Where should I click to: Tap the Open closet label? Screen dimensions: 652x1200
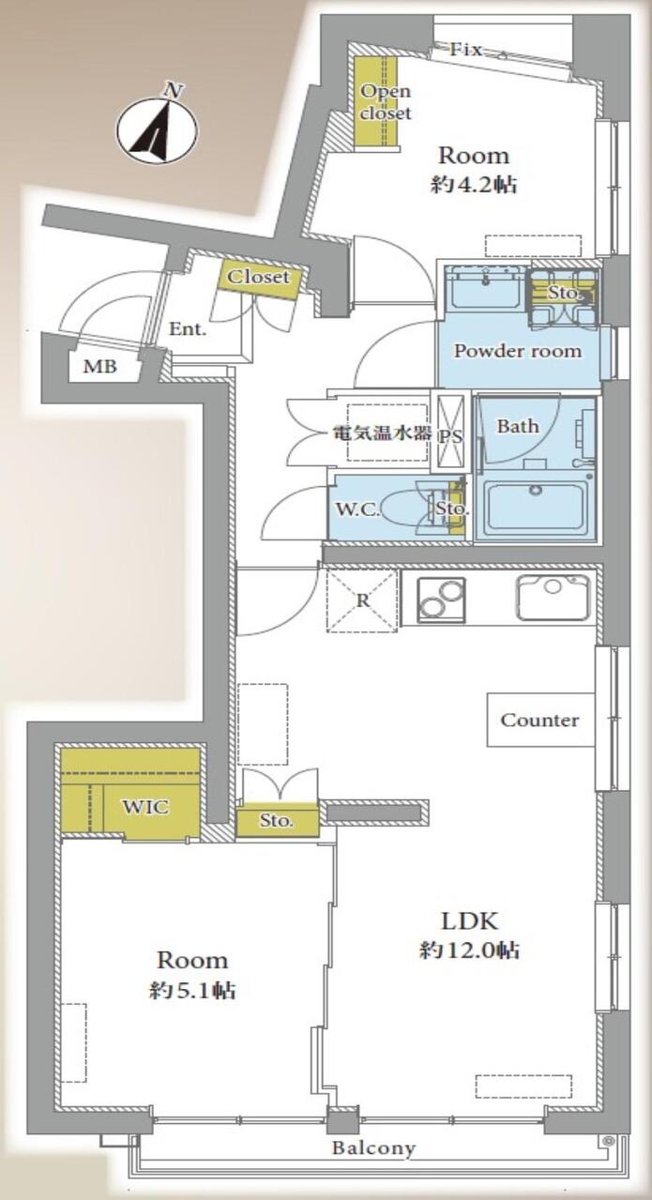[x=386, y=101]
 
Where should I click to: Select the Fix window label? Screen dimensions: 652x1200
[x=465, y=50]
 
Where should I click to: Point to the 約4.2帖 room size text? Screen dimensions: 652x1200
[x=474, y=186]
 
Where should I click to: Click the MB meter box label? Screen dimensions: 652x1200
[x=100, y=367]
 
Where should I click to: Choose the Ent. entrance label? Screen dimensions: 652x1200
[x=188, y=329]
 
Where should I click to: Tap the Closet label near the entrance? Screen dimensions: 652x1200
[x=258, y=277]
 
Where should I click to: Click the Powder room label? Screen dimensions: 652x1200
[x=518, y=351]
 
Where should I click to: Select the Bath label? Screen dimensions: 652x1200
[x=518, y=427]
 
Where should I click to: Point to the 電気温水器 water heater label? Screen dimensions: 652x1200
[x=383, y=433]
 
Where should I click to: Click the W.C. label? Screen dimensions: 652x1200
[x=357, y=509]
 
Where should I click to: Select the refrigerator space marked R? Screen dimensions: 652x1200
[x=362, y=601]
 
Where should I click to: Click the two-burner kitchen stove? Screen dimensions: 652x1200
[x=441, y=600]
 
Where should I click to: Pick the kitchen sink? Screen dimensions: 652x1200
[x=553, y=598]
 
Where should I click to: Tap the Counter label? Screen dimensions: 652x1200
[x=540, y=720]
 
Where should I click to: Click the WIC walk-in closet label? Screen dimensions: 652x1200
[x=145, y=807]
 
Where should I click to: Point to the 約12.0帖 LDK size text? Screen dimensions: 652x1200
[x=469, y=950]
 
